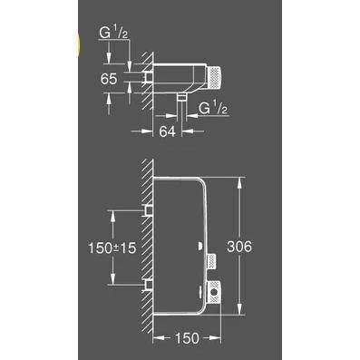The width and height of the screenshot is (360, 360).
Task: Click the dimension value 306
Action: [239, 247]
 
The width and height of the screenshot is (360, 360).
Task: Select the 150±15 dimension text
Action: [112, 248]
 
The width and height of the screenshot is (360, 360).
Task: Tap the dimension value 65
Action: [109, 79]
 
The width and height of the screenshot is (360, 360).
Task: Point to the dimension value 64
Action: [168, 131]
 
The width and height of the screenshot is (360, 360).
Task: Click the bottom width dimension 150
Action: [187, 338]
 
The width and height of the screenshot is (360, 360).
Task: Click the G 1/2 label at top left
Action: [113, 34]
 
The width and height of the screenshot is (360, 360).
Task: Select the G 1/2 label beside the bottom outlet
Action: [213, 109]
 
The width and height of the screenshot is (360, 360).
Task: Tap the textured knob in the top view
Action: [214, 78]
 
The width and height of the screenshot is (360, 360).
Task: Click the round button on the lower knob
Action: [214, 292]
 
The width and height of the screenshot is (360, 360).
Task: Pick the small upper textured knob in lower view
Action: [211, 261]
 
